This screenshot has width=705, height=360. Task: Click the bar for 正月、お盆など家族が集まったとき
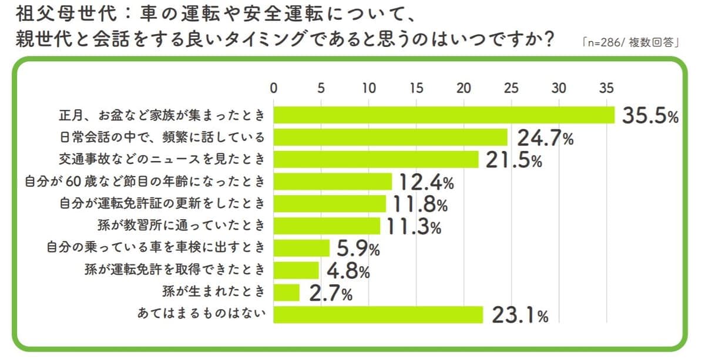[444, 115]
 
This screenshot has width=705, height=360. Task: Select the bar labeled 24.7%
[391, 137]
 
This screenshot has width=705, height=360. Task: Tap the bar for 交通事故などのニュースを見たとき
[376, 160]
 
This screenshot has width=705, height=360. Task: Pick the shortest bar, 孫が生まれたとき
[287, 292]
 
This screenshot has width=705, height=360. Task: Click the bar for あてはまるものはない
[378, 315]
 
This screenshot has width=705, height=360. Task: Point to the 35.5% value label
[650, 116]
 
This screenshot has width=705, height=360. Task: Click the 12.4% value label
[427, 183]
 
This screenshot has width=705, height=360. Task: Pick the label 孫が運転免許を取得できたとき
[172, 270]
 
